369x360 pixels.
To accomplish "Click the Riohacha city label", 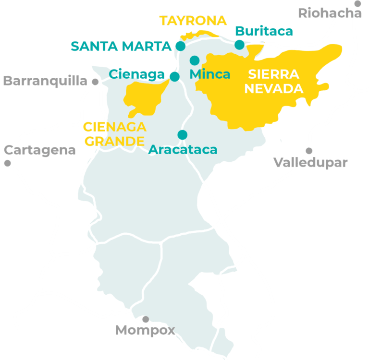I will tap(330, 13).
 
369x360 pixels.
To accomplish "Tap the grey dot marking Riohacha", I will tap(358, 3).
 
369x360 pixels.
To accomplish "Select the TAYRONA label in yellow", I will tap(193, 21).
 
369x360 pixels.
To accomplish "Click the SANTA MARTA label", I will tap(121, 46).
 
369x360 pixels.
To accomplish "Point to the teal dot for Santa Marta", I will tap(180, 46).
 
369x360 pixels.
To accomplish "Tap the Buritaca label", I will tap(264, 32).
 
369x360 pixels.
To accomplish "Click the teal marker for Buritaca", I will tap(239, 45).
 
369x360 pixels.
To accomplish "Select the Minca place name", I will tap(210, 74).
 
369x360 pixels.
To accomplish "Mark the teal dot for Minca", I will tap(194, 60).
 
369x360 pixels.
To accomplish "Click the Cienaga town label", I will tap(137, 74).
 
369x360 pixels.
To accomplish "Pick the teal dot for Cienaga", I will tap(175, 76).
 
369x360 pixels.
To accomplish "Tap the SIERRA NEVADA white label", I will tap(275, 82).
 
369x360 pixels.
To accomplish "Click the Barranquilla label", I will tap(45, 80).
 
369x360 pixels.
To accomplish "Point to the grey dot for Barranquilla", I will tap(95, 82).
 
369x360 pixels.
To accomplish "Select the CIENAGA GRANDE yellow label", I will tap(115, 134).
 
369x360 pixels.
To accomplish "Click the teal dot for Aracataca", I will tap(182, 135).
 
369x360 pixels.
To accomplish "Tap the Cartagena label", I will tap(40, 150).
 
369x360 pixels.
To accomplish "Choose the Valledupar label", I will tap(310, 162).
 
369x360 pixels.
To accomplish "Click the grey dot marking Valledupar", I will tap(309, 151).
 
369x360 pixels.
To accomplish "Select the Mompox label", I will tap(145, 330).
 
